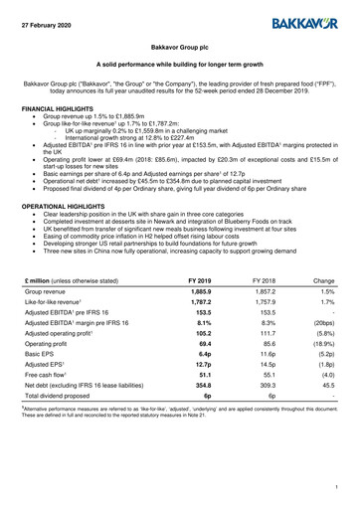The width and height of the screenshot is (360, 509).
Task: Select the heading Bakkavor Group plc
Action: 179,47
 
